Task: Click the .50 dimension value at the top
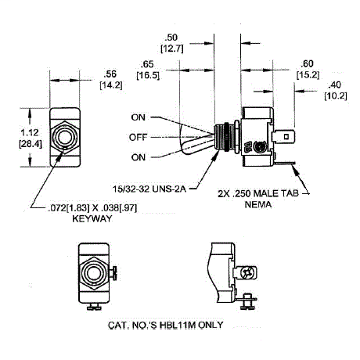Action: pyautogui.click(x=171, y=38)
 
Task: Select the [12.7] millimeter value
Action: pyautogui.click(x=171, y=49)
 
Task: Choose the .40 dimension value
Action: pyautogui.click(x=336, y=84)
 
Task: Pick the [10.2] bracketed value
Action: pyautogui.click(x=336, y=95)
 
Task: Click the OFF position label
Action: pyautogui.click(x=139, y=137)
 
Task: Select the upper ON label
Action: pyautogui.click(x=139, y=117)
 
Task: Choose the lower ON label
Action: pyautogui.click(x=139, y=157)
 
